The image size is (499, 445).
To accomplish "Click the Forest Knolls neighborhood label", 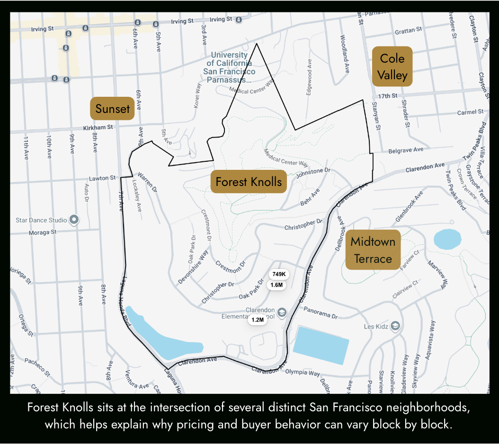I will coord(249,182).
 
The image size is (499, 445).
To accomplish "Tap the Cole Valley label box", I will coord(392,66).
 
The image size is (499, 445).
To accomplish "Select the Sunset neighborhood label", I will coord(113,109).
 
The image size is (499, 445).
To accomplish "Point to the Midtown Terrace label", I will coord(373,250).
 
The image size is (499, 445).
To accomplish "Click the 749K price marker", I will coord(279,274).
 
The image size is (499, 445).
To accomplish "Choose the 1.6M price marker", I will coord(277,285).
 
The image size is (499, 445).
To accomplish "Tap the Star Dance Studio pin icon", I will coord(74,220).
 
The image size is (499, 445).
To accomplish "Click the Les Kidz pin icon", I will coord(395,326).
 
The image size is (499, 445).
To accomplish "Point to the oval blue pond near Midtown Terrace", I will coord(447,240).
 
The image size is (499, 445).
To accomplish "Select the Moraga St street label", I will coord(43,232).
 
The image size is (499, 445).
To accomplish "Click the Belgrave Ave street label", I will coord(406,150).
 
